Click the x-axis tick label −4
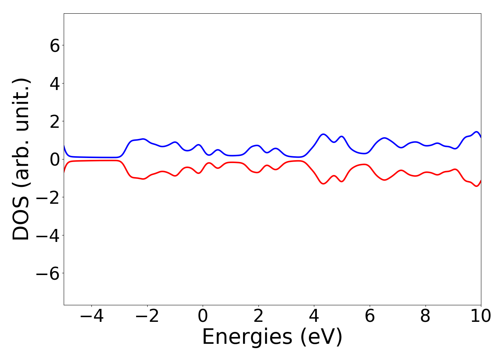pos(91,316)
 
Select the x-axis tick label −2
pos(147,316)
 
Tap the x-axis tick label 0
pos(203,316)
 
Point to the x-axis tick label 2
pos(258,316)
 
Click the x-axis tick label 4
pos(314,316)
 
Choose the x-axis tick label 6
pos(370,316)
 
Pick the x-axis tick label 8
pos(425,316)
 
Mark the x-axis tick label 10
pos(481,316)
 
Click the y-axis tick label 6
pos(55,46)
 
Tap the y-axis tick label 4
pos(55,84)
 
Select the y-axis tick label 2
pos(55,121)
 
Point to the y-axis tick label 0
pos(55,159)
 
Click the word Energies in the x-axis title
pos(247,338)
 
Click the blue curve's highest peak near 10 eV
pos(477,132)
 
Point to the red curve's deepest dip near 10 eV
pos(477,186)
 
